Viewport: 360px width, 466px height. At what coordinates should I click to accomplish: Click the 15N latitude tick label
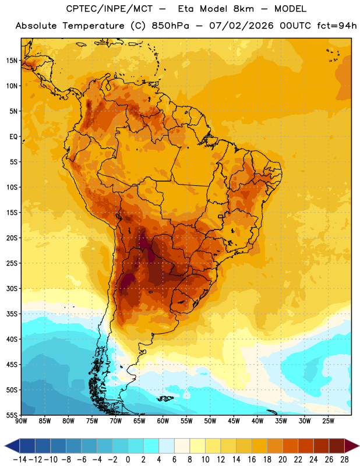coord(12,61)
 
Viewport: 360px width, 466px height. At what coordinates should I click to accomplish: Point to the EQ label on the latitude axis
coord(13,137)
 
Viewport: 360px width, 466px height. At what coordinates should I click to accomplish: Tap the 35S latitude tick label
coord(12,314)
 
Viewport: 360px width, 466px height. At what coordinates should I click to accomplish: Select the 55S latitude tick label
coord(12,415)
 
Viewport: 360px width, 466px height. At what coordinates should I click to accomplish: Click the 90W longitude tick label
coord(21,421)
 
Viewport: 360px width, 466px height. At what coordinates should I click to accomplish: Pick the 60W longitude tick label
coord(163,421)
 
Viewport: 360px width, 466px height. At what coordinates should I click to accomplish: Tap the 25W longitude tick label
coord(328,421)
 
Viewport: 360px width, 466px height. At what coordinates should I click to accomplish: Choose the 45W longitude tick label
coord(234,421)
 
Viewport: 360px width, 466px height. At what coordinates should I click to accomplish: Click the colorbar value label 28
coord(344,460)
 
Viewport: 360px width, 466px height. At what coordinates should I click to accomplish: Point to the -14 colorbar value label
coord(20,460)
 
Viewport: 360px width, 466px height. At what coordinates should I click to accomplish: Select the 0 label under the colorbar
coord(128,460)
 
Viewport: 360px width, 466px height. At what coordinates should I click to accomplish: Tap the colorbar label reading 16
coord(252,460)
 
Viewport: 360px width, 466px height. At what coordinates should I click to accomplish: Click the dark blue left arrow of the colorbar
coord(12,446)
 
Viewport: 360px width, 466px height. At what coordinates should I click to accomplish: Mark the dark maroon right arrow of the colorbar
coord(352,446)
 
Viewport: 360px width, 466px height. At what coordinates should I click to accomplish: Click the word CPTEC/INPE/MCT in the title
coord(110,9)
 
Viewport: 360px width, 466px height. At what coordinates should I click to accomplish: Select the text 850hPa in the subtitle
coord(170,26)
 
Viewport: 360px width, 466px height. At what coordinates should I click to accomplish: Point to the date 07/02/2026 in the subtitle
coord(241,26)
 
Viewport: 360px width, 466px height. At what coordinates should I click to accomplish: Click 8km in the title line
coord(243,9)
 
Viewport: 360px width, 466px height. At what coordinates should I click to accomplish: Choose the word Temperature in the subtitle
coord(93,26)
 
